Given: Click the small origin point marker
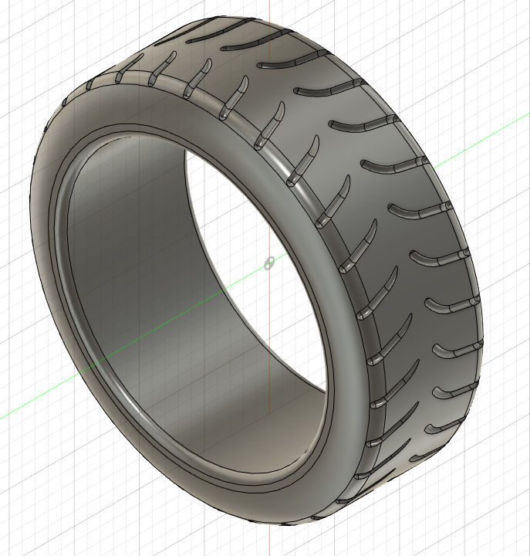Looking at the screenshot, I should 268,263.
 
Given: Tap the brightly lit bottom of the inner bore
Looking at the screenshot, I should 255,432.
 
